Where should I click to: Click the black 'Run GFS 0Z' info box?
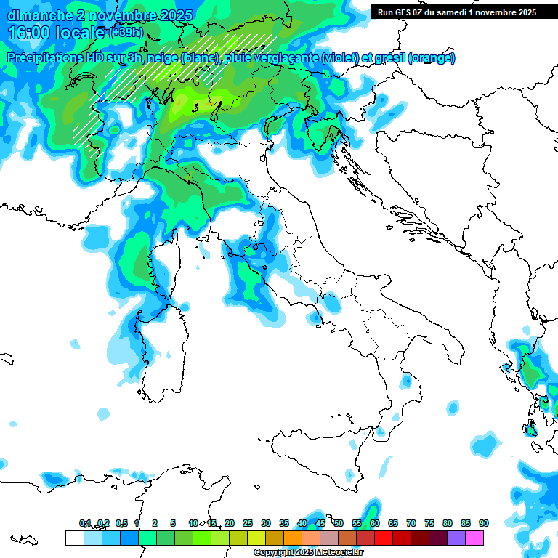click(x=457, y=12)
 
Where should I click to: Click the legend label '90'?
click(x=483, y=523)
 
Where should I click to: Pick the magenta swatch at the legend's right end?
click(x=474, y=538)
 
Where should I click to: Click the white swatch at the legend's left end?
click(x=74, y=538)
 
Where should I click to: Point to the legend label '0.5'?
click(x=121, y=523)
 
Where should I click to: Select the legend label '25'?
click(x=248, y=523)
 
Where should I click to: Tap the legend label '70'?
click(x=411, y=523)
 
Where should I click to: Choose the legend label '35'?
click(x=284, y=523)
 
